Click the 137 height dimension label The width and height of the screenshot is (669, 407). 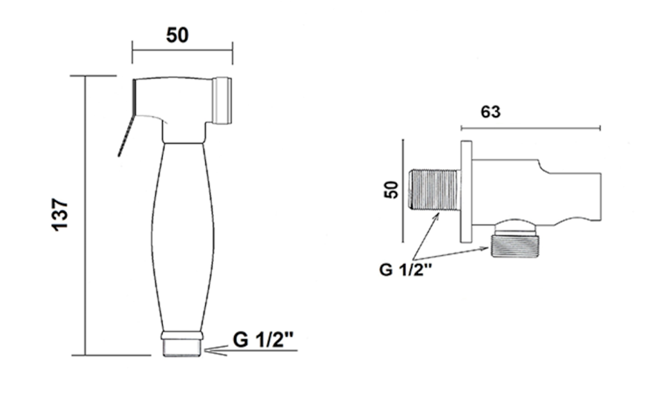60,215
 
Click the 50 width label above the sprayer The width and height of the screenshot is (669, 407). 178,35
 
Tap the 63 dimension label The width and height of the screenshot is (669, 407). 491,112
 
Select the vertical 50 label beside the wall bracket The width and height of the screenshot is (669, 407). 391,190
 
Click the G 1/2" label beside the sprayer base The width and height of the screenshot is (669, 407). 263,340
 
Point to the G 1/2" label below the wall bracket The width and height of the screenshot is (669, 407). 406,270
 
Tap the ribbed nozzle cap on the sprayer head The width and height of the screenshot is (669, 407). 222,100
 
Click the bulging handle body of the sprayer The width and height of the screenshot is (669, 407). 183,237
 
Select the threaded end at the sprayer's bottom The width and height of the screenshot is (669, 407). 182,348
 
